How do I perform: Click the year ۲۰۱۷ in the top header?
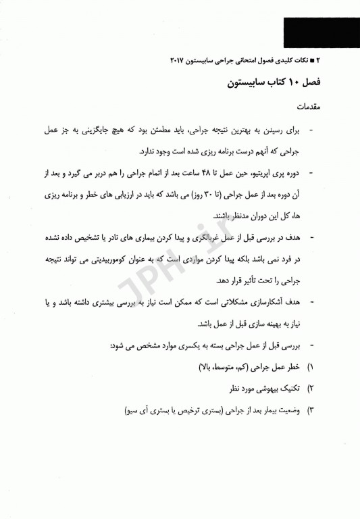pyautogui.click(x=179, y=60)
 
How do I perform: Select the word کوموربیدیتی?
pyautogui.click(x=133, y=259)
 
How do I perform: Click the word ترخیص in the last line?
pyautogui.click(x=163, y=411)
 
